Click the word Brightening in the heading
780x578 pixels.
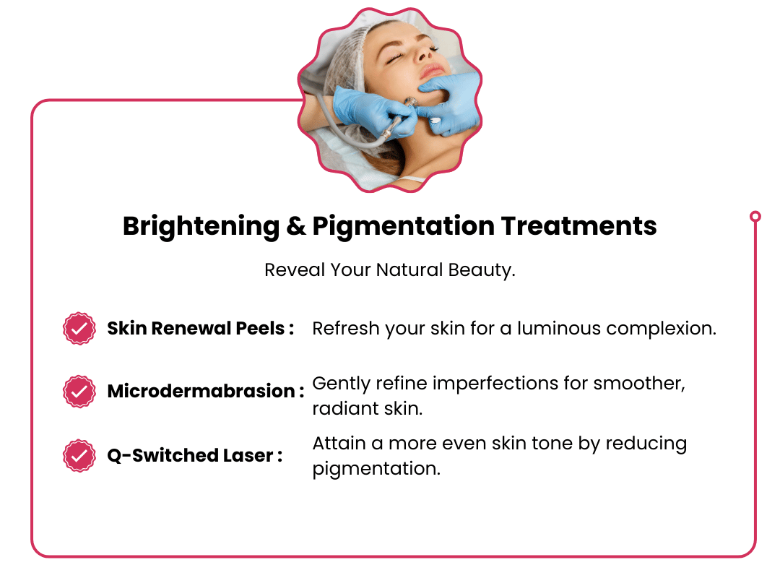(x=201, y=227)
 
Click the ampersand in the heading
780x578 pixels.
(x=296, y=226)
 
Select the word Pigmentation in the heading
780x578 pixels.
(x=404, y=227)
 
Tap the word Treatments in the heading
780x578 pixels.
(x=579, y=226)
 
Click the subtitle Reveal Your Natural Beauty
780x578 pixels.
(x=390, y=269)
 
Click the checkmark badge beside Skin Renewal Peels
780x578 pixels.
(x=79, y=329)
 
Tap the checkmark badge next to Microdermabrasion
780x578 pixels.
(x=79, y=392)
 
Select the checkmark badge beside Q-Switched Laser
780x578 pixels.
(x=79, y=455)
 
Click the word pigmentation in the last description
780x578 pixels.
(x=376, y=469)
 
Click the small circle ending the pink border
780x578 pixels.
(x=755, y=216)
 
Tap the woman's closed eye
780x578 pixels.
(x=394, y=59)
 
